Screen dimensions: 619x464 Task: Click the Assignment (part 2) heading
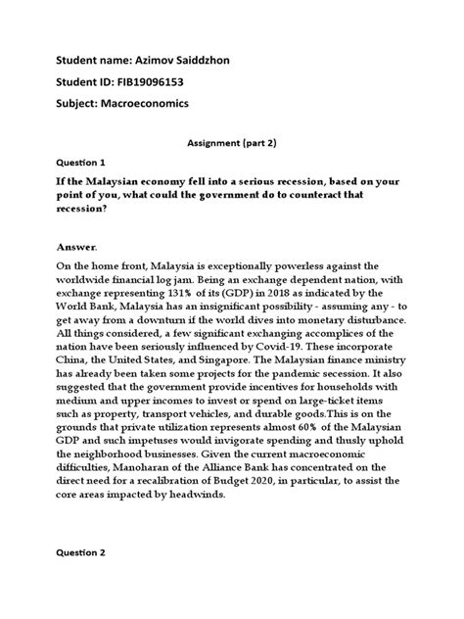pyautogui.click(x=232, y=141)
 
